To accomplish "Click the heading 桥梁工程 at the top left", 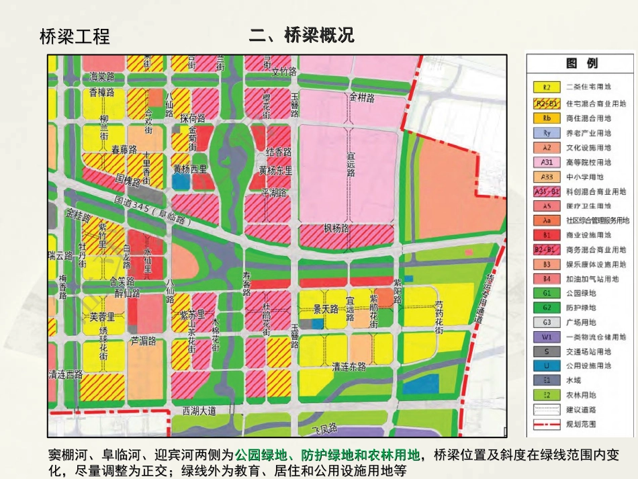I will click(x=75, y=36).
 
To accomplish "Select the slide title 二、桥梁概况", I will click(x=301, y=35).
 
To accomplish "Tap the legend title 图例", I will click(x=582, y=63).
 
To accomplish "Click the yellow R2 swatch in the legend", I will click(x=547, y=87).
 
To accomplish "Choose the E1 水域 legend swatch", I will click(x=547, y=380).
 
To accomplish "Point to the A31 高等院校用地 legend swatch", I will click(x=547, y=162).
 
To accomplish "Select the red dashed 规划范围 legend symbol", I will click(x=547, y=424).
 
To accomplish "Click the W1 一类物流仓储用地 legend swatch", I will click(x=547, y=337).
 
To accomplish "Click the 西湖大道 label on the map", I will click(x=204, y=410).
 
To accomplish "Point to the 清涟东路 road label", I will click(x=349, y=367).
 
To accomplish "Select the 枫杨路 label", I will click(x=336, y=229).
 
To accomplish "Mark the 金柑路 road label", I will click(x=361, y=97).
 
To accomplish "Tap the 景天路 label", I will click(x=326, y=309).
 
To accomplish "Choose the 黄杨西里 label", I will click(x=190, y=169).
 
